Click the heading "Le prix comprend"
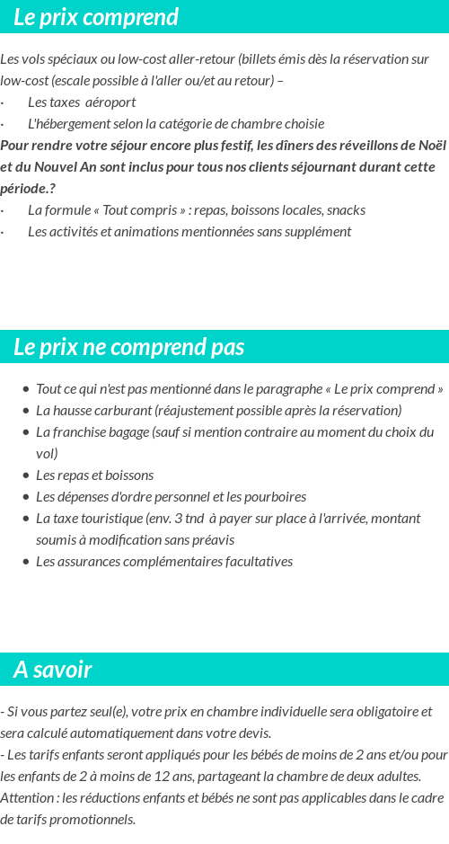(96, 17)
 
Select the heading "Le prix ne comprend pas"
(128, 347)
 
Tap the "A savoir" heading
(53, 670)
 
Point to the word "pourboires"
(277, 496)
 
